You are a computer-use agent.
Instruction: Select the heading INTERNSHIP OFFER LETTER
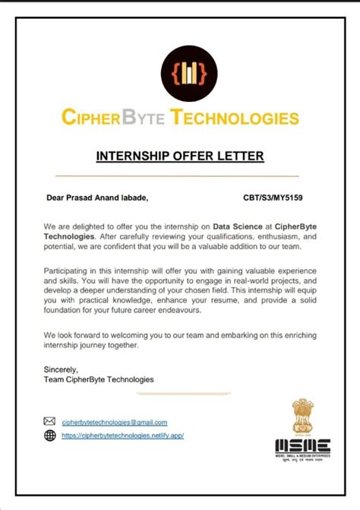(180, 157)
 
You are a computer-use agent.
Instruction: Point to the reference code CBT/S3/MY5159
(273, 198)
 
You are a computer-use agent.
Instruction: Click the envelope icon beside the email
(50, 421)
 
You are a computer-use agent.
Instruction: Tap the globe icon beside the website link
(50, 436)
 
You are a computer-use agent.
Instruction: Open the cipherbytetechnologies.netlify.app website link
(122, 436)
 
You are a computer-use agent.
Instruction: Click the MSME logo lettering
(302, 445)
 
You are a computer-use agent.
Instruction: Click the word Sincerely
(61, 369)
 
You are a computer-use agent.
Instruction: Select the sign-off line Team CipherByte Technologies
(99, 379)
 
